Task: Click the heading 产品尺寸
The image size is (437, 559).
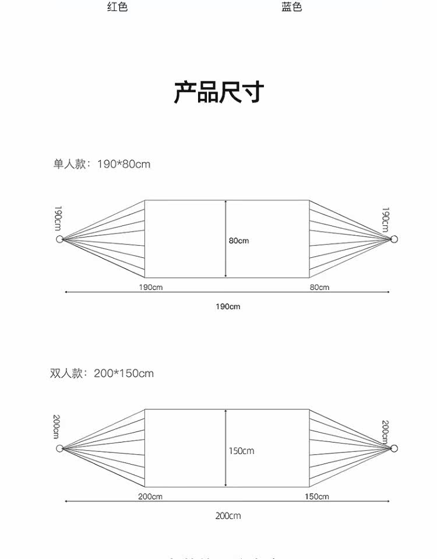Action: point(218,93)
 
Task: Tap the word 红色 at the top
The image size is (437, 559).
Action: point(117,8)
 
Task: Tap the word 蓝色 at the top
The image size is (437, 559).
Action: point(292,8)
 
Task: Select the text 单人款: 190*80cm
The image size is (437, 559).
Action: point(102,164)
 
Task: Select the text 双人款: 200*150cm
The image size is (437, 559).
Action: point(102,373)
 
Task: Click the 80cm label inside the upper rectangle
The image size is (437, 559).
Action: point(239,240)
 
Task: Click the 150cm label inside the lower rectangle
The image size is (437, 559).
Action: point(241,451)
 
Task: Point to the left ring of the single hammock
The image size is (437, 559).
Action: point(59,239)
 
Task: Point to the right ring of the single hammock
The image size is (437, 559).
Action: point(394,239)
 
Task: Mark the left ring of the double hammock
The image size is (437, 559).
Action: point(59,448)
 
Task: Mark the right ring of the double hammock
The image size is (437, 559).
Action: point(394,448)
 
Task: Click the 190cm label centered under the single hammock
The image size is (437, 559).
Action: point(227,306)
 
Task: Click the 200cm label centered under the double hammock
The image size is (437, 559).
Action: point(227,515)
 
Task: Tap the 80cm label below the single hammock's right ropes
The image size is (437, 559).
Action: point(319,287)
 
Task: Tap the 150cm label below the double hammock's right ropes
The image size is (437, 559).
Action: point(316,496)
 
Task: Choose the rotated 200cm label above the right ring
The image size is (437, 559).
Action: point(385,431)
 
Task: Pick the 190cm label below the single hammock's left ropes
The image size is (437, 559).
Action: point(150,287)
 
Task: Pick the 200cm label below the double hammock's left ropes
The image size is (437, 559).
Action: point(150,496)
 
